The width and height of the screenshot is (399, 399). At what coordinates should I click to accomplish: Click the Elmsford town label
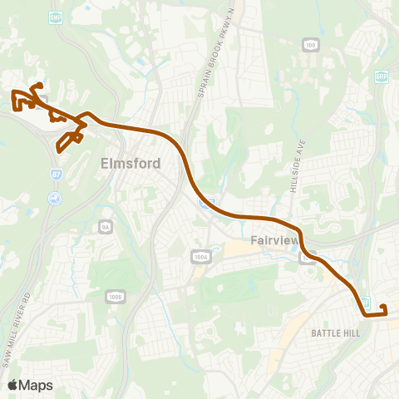(131, 164)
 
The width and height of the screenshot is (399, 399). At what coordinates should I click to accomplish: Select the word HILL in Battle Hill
(351, 333)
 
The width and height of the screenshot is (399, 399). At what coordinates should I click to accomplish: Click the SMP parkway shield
(57, 17)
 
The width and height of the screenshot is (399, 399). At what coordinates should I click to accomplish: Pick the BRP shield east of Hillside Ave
(382, 76)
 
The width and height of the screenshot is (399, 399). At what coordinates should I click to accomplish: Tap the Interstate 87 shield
(56, 175)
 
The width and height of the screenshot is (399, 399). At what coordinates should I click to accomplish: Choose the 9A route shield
(106, 226)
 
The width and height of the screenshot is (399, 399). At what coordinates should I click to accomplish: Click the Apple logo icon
(12, 385)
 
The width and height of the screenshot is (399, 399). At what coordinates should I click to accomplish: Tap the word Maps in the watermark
(36, 385)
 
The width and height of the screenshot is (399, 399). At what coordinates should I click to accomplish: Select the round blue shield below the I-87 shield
(55, 198)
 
